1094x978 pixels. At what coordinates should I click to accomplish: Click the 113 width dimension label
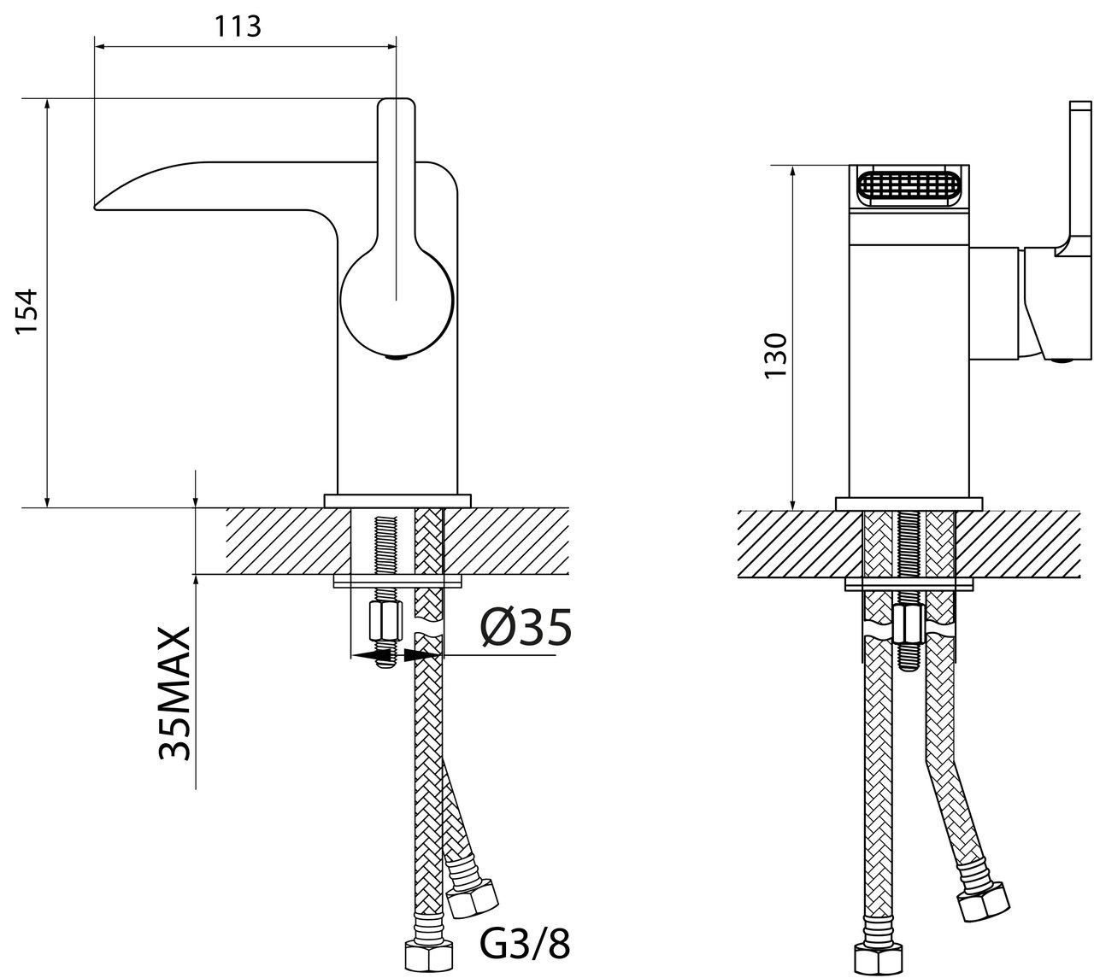pyautogui.click(x=238, y=26)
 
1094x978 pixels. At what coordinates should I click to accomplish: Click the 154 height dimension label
pyautogui.click(x=27, y=312)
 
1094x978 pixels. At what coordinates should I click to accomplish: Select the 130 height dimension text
pyautogui.click(x=776, y=355)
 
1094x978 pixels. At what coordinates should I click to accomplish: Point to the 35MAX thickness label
pyautogui.click(x=174, y=694)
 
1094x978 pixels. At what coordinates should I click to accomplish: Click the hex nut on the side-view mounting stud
pyautogui.click(x=385, y=621)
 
